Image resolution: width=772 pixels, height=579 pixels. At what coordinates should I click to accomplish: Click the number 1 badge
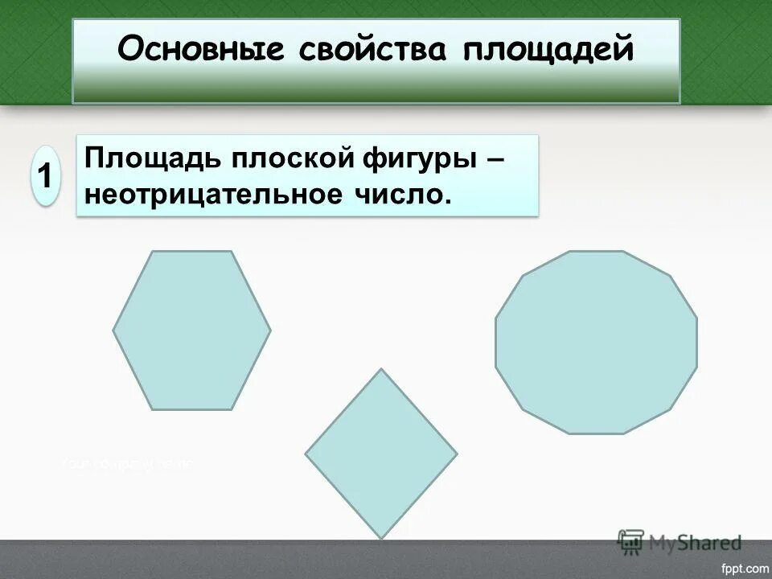pos(47,176)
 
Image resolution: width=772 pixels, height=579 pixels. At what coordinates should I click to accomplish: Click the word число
pos(409,194)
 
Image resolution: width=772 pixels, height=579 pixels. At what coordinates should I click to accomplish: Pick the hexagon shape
pos(191,330)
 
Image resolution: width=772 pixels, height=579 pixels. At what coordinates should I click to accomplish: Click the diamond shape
pos(380,454)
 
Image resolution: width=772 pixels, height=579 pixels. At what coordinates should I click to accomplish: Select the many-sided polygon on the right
pos(596,343)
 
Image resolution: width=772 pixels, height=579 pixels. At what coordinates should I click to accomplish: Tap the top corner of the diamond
pos(380,369)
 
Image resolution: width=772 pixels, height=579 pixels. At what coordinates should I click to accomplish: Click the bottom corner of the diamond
pos(380,538)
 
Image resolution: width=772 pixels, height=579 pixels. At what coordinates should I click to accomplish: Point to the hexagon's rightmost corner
pos(270,330)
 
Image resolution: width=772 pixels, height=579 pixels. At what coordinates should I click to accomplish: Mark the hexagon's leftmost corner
pos(113,330)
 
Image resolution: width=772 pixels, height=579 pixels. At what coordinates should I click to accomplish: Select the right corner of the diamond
pos(457,454)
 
